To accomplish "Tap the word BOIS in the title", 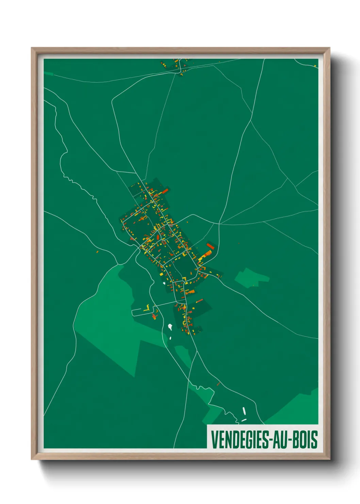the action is pos(305,440).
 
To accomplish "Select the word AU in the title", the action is pos(280,440).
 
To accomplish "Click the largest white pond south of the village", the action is pos(170,327).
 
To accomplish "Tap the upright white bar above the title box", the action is pos(244,411).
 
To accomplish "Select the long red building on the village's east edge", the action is pos(210,246).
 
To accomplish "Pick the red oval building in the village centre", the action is pos(158,237).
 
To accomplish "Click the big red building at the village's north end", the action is pos(165,191).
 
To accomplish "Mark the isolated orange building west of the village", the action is pos(97,252).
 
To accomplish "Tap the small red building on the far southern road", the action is pos(218,384).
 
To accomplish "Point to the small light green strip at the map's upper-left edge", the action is pos(49,74).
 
